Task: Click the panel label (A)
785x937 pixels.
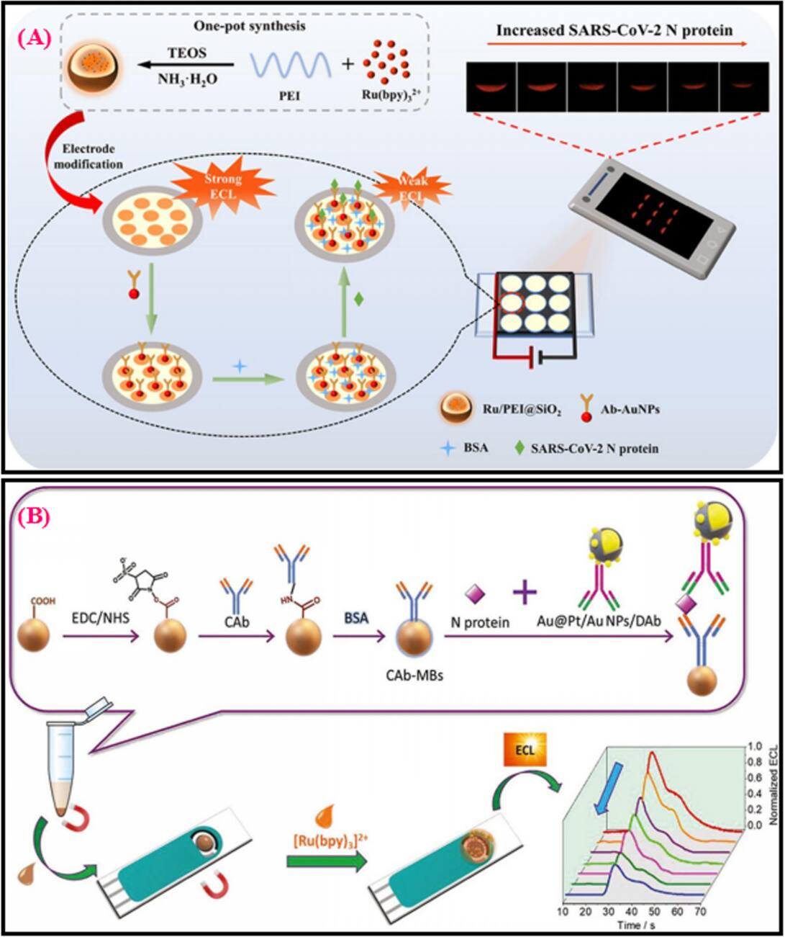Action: point(35,38)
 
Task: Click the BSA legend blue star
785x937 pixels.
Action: point(448,448)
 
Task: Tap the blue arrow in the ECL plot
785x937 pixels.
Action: point(618,783)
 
